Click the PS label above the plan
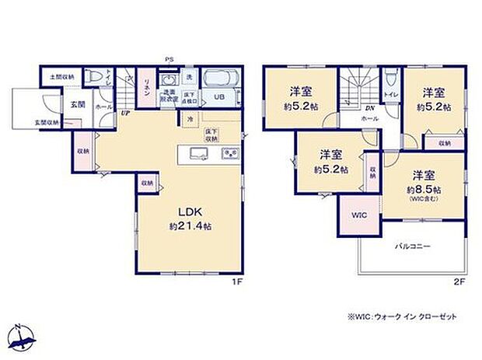168,58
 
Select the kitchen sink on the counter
197,153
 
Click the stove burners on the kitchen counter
230,153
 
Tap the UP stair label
124,113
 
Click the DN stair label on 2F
370,110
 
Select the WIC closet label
358,215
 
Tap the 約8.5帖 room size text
423,189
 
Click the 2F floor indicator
459,281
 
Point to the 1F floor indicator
238,281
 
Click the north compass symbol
22,336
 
